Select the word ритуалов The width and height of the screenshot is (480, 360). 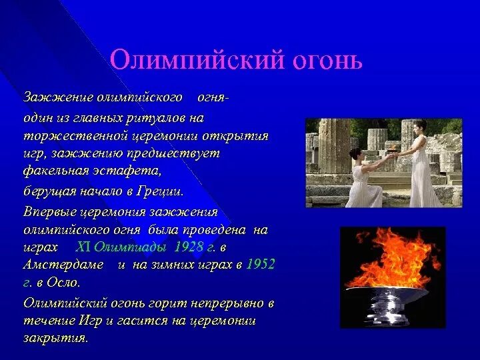[155, 118]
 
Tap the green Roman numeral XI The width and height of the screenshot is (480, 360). [83, 247]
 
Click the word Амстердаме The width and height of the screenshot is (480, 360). [63, 264]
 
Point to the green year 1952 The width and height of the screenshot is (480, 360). [260, 264]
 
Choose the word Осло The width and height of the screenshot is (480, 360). [63, 282]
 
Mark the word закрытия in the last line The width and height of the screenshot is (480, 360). [55, 338]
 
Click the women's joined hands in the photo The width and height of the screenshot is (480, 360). [392, 155]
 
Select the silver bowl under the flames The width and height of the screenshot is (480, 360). [386, 304]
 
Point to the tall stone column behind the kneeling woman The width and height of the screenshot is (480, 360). [335, 146]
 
